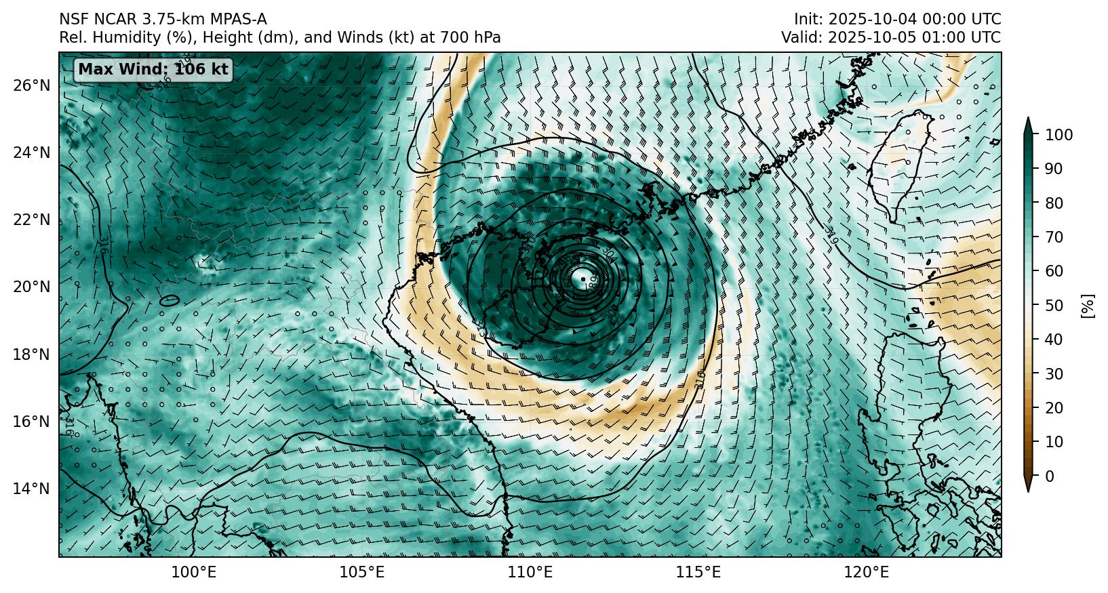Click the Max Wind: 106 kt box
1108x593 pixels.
pyautogui.click(x=153, y=69)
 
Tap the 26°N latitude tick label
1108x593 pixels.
pyautogui.click(x=31, y=85)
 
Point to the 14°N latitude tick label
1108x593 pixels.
pyautogui.click(x=31, y=489)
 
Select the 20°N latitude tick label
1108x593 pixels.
pyautogui.click(x=31, y=287)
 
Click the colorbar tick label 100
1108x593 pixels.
pyautogui.click(x=1058, y=136)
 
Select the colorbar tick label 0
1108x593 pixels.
pyautogui.click(x=1050, y=476)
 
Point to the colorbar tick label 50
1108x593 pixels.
pyautogui.click(x=1054, y=306)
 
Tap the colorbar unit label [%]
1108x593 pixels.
pyautogui.click(x=1088, y=306)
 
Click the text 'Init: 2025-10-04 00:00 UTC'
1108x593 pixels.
pyautogui.click(x=897, y=20)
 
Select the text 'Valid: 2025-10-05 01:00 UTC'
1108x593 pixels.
pyautogui.click(x=890, y=38)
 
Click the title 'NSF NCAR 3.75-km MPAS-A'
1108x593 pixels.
pyautogui.click(x=163, y=20)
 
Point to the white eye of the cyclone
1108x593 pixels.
pyautogui.click(x=581, y=277)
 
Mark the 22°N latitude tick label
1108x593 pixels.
pyautogui.click(x=31, y=220)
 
